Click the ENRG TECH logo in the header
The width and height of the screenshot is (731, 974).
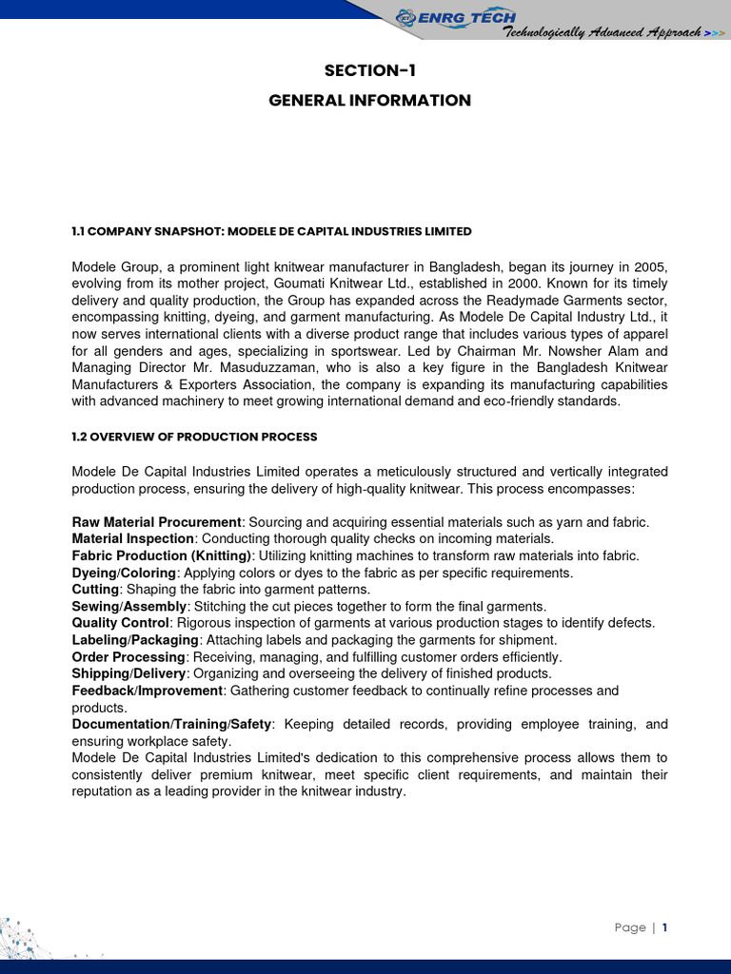[x=456, y=16]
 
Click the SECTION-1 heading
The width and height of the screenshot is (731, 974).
[x=370, y=69]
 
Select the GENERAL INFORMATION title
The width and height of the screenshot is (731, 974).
[x=370, y=100]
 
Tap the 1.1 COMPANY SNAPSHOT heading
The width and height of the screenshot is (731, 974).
[x=271, y=231]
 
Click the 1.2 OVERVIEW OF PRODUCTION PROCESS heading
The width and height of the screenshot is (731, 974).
[x=194, y=437]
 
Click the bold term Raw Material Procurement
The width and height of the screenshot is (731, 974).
[x=157, y=522]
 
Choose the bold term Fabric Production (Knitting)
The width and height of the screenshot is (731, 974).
[x=162, y=555]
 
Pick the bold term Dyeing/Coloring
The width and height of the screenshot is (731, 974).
[x=124, y=573]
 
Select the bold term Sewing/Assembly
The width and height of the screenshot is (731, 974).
[x=129, y=606]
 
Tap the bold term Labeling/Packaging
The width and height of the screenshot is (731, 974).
[x=135, y=640]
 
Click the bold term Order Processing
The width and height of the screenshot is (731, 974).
[x=128, y=657]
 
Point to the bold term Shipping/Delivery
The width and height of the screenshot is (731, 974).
[x=128, y=673]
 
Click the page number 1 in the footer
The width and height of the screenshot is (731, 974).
[x=664, y=927]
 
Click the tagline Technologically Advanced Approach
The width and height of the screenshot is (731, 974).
[x=602, y=32]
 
